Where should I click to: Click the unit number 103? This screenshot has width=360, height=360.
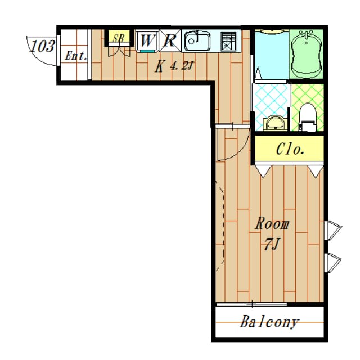[x=43, y=46]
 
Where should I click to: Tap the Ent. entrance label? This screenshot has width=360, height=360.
[x=76, y=56]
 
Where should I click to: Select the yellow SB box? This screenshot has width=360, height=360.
[x=119, y=37]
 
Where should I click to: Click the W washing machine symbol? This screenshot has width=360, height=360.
[x=147, y=40]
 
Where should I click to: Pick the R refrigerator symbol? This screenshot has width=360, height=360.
[x=170, y=40]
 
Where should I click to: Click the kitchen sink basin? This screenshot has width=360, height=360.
[x=197, y=41]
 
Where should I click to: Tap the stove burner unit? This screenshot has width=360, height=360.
[x=228, y=42]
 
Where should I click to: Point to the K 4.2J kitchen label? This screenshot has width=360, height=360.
[x=174, y=66]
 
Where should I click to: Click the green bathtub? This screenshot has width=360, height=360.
[x=306, y=53]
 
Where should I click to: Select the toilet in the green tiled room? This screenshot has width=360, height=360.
[x=308, y=118]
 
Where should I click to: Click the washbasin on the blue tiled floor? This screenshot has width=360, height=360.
[x=275, y=123]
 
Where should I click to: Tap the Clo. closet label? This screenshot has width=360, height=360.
[x=290, y=149]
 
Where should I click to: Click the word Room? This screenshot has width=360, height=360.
[x=272, y=223]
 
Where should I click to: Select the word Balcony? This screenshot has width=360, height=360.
[x=269, y=322]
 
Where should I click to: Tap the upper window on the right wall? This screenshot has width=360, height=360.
[x=334, y=230]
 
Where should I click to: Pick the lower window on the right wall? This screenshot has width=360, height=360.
[x=333, y=263]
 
